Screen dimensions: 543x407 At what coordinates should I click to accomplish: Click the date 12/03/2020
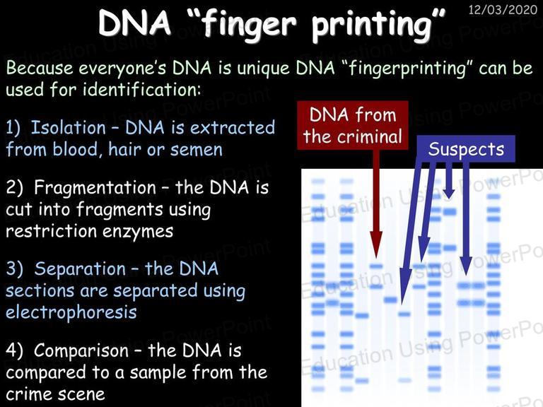tap(503, 9)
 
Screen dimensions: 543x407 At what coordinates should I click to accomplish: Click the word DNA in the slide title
tap(135, 23)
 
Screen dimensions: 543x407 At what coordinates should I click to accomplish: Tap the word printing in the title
tap(372, 26)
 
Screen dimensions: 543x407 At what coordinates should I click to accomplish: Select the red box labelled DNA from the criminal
tap(353, 125)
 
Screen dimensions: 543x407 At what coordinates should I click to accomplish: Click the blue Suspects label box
tap(466, 149)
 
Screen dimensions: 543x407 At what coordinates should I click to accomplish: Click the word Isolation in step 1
tap(68, 127)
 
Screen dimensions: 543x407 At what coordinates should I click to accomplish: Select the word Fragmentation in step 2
tap(95, 187)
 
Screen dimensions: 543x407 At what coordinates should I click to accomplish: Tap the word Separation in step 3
tap(80, 269)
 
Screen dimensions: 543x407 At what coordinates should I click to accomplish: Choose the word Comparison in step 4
tap(81, 350)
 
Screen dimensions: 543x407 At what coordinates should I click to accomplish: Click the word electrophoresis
tap(71, 312)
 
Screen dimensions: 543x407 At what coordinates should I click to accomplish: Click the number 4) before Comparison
tap(14, 350)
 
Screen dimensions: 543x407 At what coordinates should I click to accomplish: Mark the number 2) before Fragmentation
tap(14, 187)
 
